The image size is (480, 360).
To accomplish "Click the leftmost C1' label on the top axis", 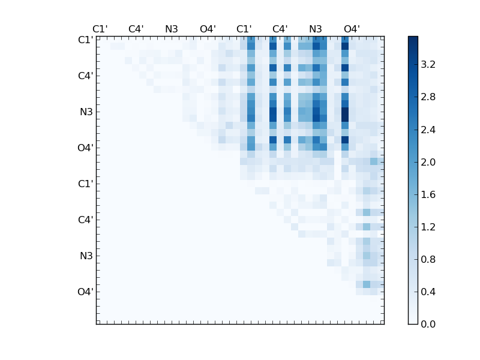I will pyautogui.click(x=100, y=29).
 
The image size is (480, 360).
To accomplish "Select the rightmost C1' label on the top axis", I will pyautogui.click(x=244, y=29).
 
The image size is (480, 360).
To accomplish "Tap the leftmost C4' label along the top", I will pyautogui.click(x=136, y=29).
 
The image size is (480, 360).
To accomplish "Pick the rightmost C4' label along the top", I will pyautogui.click(x=280, y=29).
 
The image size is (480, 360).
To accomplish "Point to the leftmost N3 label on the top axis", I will pyautogui.click(x=172, y=29).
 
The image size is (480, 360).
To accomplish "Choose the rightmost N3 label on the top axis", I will pyautogui.click(x=316, y=29).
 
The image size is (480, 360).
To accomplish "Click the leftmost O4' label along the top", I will pyautogui.click(x=208, y=29).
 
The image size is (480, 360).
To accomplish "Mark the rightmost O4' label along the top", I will pyautogui.click(x=352, y=29).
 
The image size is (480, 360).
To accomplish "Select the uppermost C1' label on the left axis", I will pyautogui.click(x=85, y=40).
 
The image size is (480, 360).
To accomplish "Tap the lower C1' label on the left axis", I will pyautogui.click(x=85, y=184).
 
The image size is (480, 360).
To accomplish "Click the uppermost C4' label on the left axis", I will pyautogui.click(x=85, y=76).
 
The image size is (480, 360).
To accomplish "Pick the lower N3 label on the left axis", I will pyautogui.click(x=86, y=256).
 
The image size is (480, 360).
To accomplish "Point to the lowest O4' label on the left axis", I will pyautogui.click(x=85, y=292).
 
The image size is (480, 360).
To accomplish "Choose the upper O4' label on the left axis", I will pyautogui.click(x=85, y=148).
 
